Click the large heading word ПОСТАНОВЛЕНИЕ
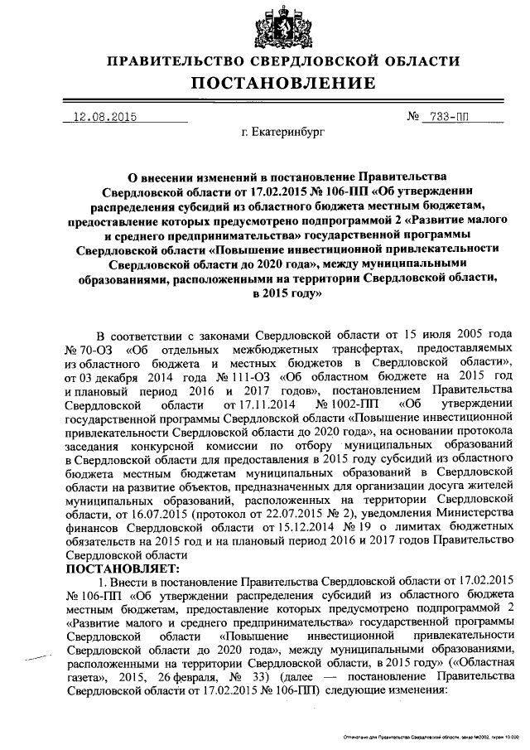(264, 83)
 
